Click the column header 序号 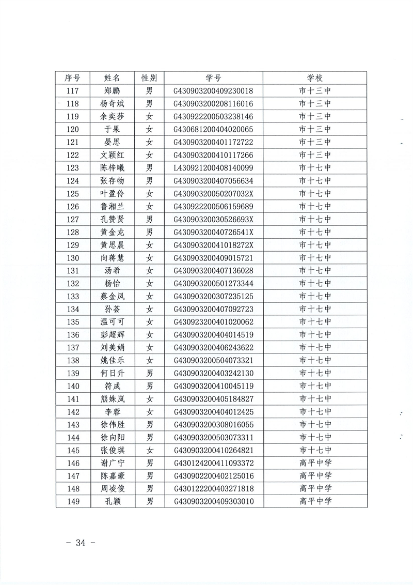pyautogui.click(x=72, y=78)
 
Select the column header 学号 pyautogui.click(x=214, y=78)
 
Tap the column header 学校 pyautogui.click(x=314, y=78)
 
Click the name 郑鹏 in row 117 pyautogui.click(x=112, y=91)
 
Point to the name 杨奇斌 pyautogui.click(x=112, y=103)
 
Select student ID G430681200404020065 pyautogui.click(x=214, y=129)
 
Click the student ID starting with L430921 pyautogui.click(x=214, y=167)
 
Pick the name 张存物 pyautogui.click(x=112, y=180)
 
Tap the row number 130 pyautogui.click(x=72, y=257)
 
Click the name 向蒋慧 pyautogui.click(x=112, y=257)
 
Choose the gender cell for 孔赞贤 pyautogui.click(x=150, y=219)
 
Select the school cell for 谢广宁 pyautogui.click(x=314, y=463)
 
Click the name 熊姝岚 pyautogui.click(x=112, y=398)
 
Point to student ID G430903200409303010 pyautogui.click(x=214, y=501)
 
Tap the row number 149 pyautogui.click(x=72, y=501)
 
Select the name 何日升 pyautogui.click(x=112, y=373)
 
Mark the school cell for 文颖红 pyautogui.click(x=314, y=155)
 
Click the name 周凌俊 pyautogui.click(x=112, y=488)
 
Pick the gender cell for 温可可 pyautogui.click(x=150, y=321)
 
